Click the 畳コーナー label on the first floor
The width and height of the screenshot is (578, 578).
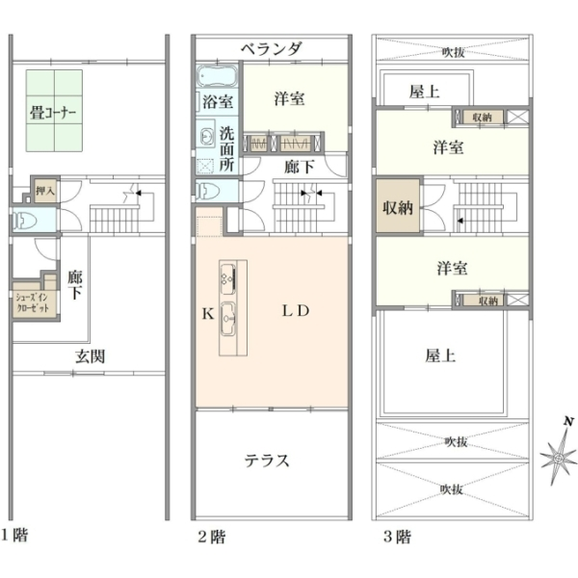(53, 113)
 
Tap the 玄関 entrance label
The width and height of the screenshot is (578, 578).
(90, 356)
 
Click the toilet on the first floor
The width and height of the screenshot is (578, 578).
(25, 222)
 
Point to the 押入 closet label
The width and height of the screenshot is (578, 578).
(45, 191)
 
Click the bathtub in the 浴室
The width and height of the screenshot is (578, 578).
(217, 76)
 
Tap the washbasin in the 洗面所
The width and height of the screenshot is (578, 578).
(206, 137)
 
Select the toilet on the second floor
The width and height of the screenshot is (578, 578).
(207, 192)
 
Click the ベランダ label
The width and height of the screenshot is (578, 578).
(272, 49)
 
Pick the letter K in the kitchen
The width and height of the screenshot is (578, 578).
(208, 314)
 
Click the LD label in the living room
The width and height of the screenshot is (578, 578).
(296, 311)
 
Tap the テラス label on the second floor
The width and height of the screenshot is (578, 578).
(267, 460)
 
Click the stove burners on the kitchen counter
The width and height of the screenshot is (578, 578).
(227, 278)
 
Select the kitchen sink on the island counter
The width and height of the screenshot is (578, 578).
(227, 319)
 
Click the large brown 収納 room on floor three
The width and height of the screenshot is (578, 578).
(397, 206)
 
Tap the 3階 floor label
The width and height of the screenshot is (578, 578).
(397, 537)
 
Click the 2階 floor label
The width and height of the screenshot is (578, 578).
(212, 537)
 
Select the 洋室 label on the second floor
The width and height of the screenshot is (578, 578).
(289, 99)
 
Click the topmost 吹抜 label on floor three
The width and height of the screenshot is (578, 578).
(453, 52)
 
